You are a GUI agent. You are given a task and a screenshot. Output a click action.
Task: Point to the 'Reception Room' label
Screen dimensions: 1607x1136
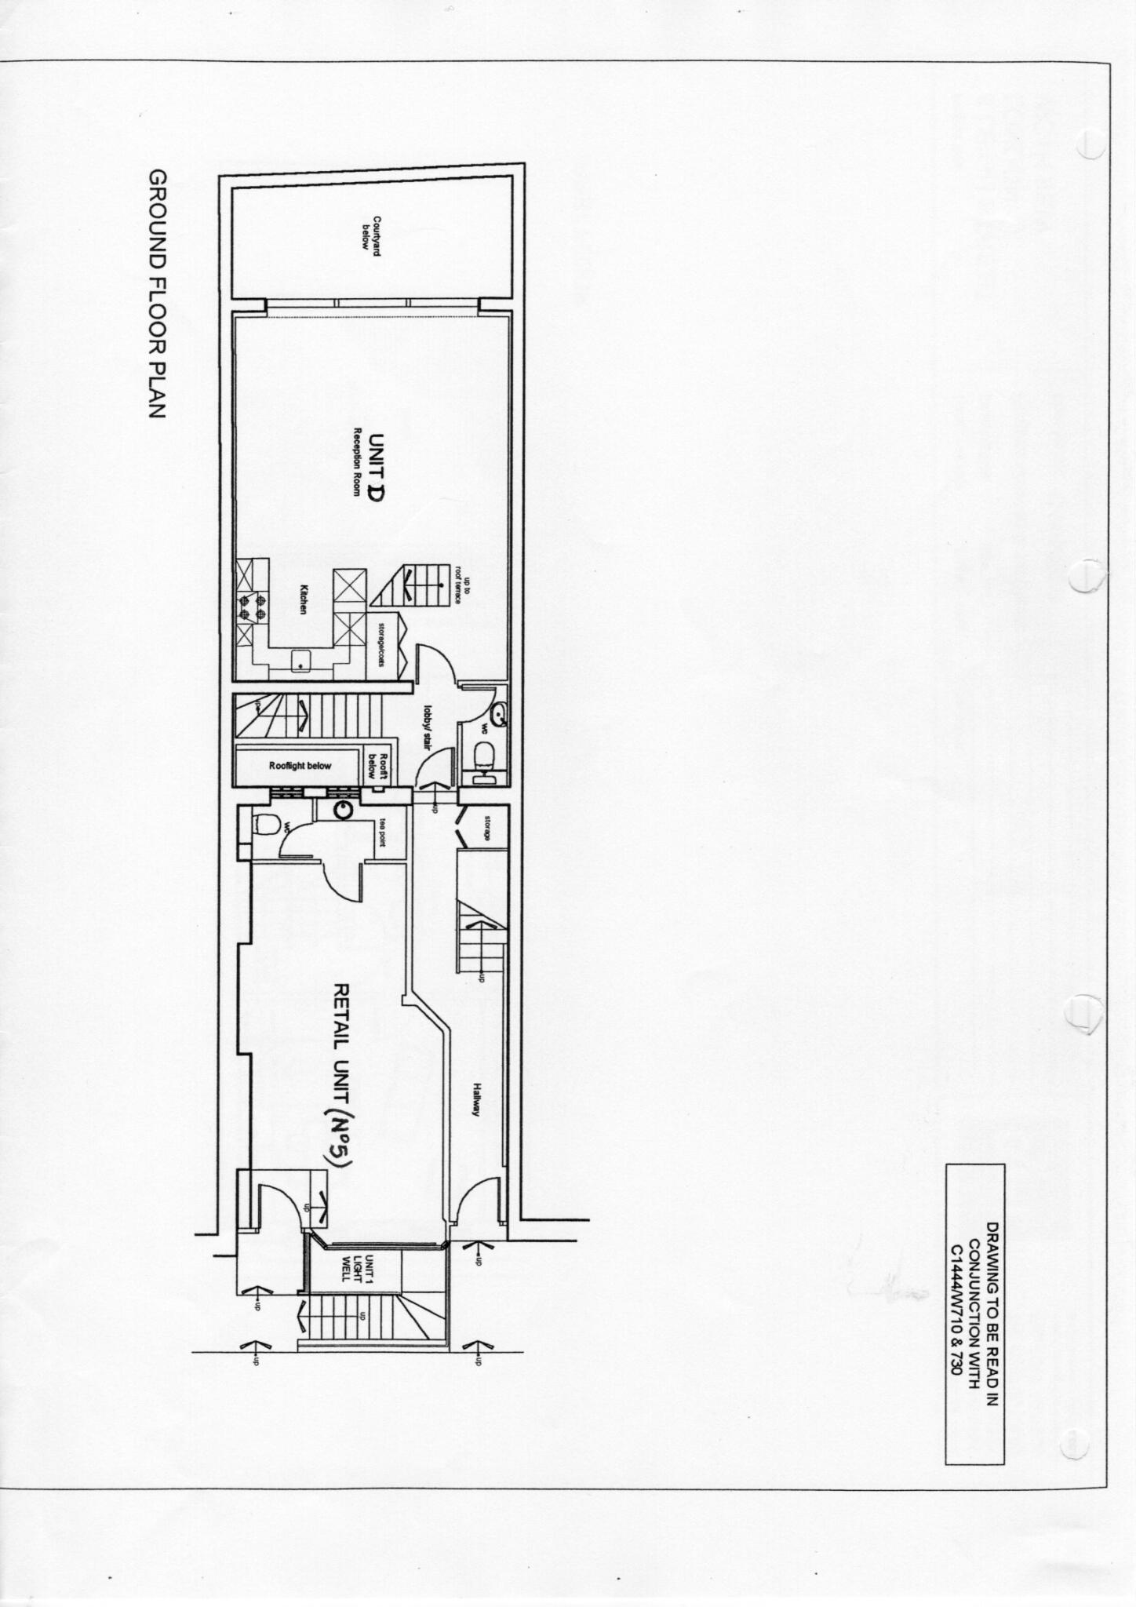pos(355,463)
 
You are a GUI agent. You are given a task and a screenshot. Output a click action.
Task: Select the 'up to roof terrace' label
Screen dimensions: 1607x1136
pos(464,585)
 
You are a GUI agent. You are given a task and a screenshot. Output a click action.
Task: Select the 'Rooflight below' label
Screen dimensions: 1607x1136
pos(300,766)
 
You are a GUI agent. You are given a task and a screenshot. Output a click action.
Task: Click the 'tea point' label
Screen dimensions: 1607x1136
pos(384,829)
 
